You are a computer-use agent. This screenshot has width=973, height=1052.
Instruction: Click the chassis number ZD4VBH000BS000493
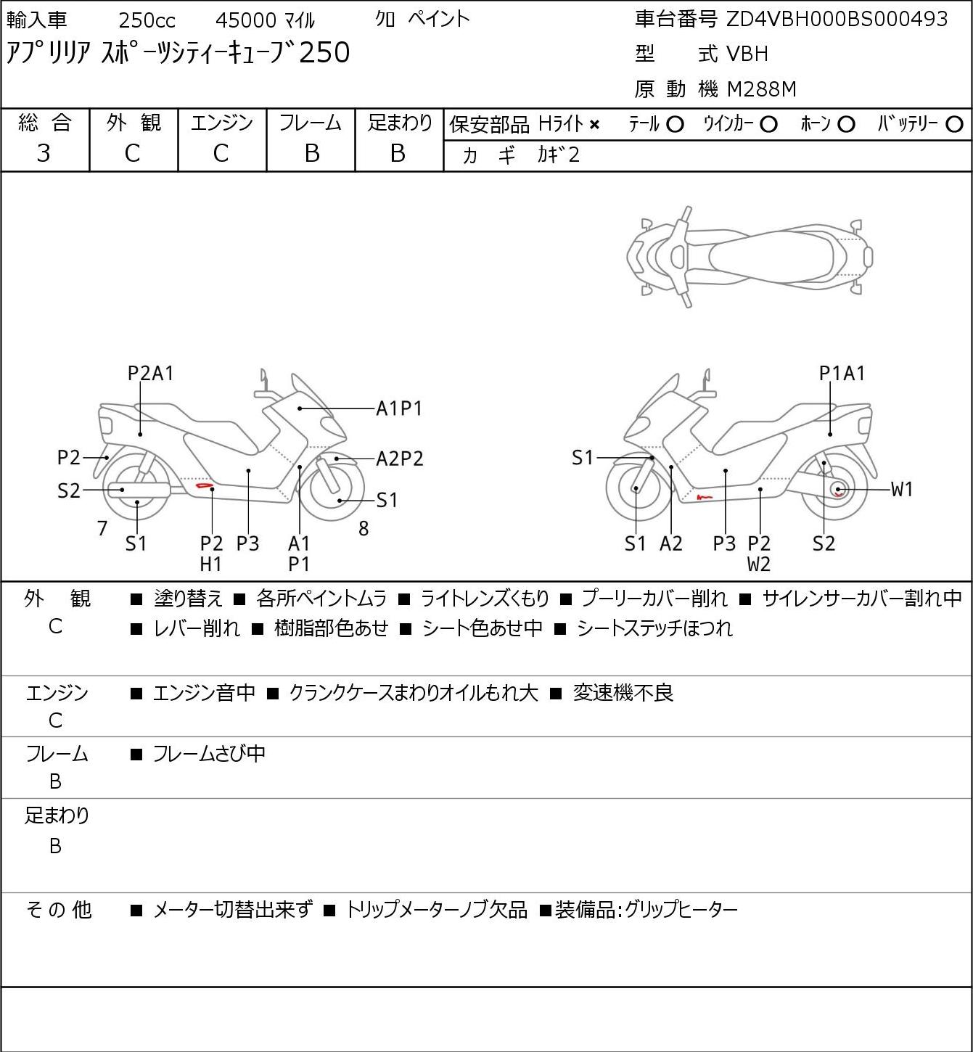pos(837,20)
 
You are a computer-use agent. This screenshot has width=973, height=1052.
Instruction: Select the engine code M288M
pos(761,89)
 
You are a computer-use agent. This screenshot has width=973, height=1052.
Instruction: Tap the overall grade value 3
pos(44,153)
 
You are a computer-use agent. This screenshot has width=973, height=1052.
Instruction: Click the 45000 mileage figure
pos(246,20)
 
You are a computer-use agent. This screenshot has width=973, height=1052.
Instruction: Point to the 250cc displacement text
pos(147,20)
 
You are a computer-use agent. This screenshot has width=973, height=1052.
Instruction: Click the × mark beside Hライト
pos(594,125)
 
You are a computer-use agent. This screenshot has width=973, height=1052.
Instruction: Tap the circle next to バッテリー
pos(955,125)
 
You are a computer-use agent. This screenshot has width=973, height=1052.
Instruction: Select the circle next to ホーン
pos(846,125)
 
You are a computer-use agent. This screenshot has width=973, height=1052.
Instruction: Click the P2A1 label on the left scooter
pos(151,374)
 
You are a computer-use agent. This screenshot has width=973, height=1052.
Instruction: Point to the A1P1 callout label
pos(399,409)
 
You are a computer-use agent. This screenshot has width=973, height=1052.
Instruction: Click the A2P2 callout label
pos(399,459)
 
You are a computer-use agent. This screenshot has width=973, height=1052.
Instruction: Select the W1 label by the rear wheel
pos(902,490)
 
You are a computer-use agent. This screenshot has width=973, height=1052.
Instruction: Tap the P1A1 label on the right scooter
pos(842,374)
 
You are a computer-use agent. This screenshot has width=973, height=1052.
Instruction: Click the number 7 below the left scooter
pos(103,529)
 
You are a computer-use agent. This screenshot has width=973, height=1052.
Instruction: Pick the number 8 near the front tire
pos(364,529)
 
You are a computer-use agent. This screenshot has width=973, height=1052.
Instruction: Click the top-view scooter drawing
pos(750,256)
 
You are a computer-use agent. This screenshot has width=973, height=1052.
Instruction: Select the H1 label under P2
pos(211,564)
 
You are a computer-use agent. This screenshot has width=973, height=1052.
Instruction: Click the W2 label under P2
pos(759,564)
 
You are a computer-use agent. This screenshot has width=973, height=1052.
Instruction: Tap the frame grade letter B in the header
pos(311,153)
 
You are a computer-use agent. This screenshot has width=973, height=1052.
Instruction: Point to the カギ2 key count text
pos(558,155)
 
